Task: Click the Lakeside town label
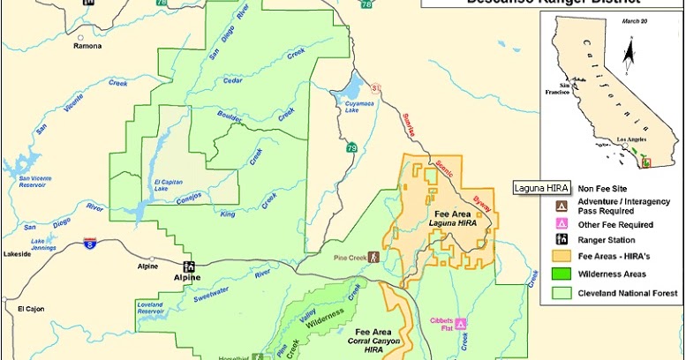tap(17, 252)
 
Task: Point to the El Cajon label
tap(29, 309)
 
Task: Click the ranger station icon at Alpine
tap(188, 266)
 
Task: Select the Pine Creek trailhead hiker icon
tap(373, 258)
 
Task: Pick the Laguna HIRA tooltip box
tap(540, 188)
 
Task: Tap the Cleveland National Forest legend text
tap(628, 293)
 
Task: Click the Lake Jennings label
tap(49, 243)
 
